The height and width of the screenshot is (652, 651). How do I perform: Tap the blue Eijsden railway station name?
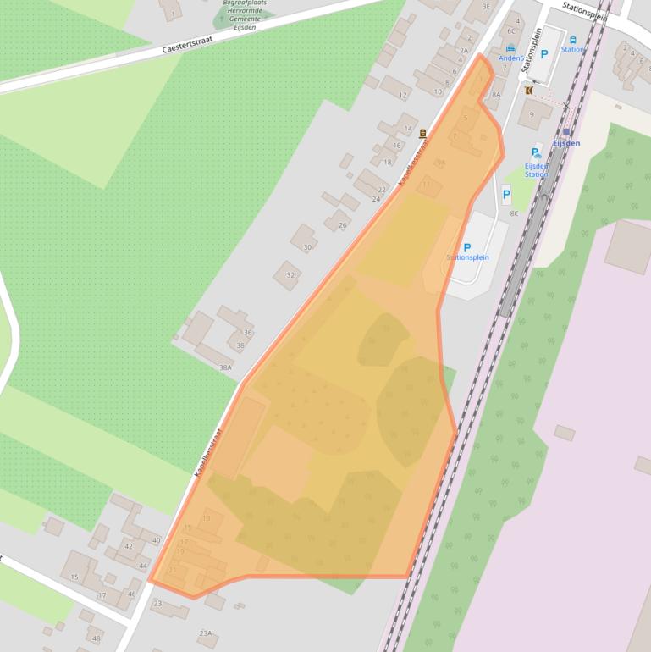pos(566,143)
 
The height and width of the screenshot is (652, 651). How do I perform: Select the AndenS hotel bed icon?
pos(511,50)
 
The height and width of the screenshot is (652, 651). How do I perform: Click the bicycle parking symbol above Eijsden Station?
pos(537,153)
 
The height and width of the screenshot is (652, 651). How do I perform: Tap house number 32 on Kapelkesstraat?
pos(290,275)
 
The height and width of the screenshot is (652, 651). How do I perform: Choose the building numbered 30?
pos(307,247)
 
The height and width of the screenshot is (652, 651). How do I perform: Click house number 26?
pos(343,224)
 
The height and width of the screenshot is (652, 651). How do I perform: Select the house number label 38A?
pos(225,367)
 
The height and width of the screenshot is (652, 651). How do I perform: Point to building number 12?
pos(403,96)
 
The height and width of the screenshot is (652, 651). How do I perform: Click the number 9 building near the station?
pos(532,114)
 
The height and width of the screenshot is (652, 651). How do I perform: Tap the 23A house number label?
pos(205,633)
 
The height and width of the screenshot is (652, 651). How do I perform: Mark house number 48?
pos(96,638)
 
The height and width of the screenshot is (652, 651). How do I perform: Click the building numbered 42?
pos(129,546)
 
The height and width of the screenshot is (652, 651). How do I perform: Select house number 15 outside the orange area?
pos(74,577)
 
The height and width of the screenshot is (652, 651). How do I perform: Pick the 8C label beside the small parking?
pos(514,213)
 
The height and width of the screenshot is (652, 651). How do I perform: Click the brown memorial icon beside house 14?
pos(422,132)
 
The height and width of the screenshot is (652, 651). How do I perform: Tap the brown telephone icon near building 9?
pos(528,89)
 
